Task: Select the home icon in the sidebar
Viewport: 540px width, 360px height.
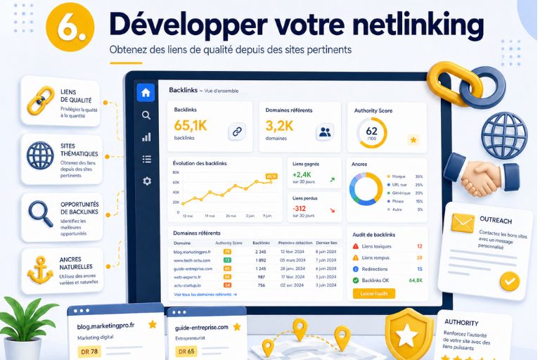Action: point(146,93)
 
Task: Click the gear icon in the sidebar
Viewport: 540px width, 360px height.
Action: point(146,181)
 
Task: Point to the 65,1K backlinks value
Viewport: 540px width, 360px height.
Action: point(191,126)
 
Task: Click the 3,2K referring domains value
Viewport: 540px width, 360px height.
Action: point(279,126)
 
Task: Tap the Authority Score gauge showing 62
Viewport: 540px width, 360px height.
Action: point(371,131)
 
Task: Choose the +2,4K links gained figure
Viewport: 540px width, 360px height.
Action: point(302,174)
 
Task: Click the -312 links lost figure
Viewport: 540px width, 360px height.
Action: point(300,208)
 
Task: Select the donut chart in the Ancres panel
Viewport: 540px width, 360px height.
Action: point(366,189)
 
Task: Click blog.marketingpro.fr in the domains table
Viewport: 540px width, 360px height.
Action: point(193,251)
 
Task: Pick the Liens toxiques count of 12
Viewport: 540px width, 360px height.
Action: point(419,247)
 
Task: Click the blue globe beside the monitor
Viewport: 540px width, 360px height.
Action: point(503,134)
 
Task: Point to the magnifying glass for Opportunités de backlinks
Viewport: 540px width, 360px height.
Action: point(39,212)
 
